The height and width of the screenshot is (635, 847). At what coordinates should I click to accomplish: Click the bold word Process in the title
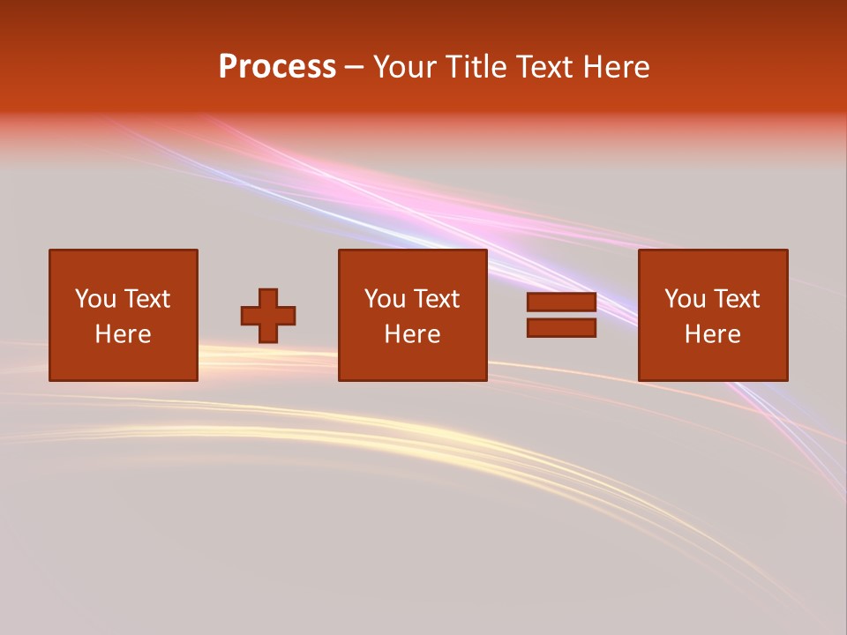point(277,67)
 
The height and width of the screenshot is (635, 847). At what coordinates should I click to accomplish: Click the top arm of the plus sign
point(268,297)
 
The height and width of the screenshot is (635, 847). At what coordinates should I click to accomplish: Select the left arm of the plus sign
point(250,316)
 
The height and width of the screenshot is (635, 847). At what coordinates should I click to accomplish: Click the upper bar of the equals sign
point(561,303)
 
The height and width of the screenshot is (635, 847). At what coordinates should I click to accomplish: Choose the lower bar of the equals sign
point(561,328)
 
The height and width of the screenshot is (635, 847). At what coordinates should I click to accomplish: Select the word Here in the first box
point(123,334)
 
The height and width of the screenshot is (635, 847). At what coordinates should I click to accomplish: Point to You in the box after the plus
point(385,299)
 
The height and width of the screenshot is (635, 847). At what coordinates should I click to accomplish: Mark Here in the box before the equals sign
point(412,334)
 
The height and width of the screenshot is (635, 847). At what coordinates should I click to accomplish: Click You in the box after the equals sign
point(685,299)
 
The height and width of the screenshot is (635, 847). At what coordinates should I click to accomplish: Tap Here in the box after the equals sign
point(712,334)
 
